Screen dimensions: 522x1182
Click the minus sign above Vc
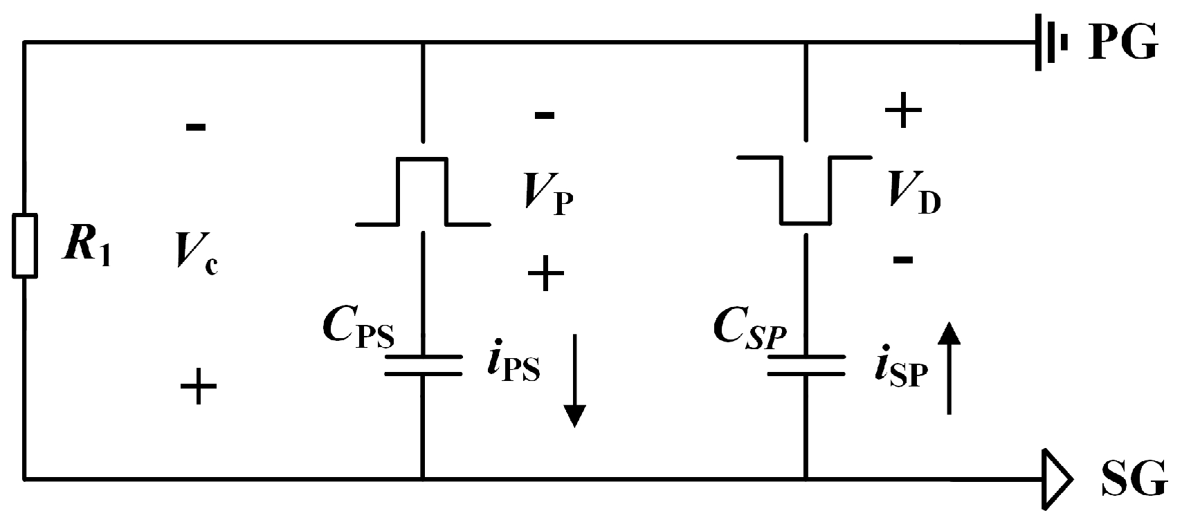coord(196,127)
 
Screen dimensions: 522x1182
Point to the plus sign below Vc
coord(199,386)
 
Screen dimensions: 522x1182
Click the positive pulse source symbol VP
coord(422,192)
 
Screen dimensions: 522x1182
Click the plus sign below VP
coord(546,274)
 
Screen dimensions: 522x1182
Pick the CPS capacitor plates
coord(422,365)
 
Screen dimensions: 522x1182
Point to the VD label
coord(914,198)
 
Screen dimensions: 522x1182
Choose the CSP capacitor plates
coord(806,365)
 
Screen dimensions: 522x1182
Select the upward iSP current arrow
coord(949,369)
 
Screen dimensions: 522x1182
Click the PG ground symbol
coord(1051,43)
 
